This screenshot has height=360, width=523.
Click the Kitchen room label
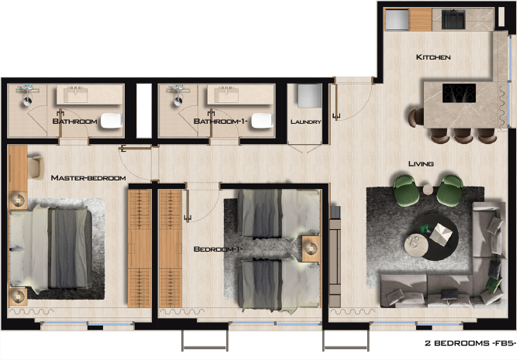pyautogui.click(x=433, y=57)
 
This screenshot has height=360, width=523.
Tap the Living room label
pyautogui.click(x=421, y=163)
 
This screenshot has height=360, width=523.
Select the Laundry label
pyautogui.click(x=306, y=122)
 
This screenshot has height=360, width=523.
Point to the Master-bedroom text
pyautogui.click(x=88, y=178)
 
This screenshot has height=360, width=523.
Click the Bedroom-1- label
pyautogui.click(x=218, y=249)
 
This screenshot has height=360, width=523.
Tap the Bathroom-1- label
pyautogui.click(x=221, y=122)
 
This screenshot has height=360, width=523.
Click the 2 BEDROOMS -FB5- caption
pyautogui.click(x=470, y=343)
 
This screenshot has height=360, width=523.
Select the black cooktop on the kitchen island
pyautogui.click(x=459, y=93)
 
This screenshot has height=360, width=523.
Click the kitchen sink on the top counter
pyautogui.click(x=453, y=19)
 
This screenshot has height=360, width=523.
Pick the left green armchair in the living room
pyautogui.click(x=406, y=190)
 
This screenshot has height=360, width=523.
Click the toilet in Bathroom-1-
pyautogui.click(x=262, y=121)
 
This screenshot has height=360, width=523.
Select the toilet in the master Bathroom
pyautogui.click(x=112, y=121)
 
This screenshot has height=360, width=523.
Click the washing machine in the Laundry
pyautogui.click(x=309, y=95)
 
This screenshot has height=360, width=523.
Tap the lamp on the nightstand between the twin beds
pyautogui.click(x=311, y=248)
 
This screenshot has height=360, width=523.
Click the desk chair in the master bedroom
pyautogui.click(x=36, y=166)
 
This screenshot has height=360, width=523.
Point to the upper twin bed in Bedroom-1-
pyautogui.click(x=279, y=214)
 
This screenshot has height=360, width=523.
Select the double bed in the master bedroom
pyautogui.click(x=50, y=248)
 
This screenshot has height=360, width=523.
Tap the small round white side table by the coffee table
pyautogui.click(x=416, y=245)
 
